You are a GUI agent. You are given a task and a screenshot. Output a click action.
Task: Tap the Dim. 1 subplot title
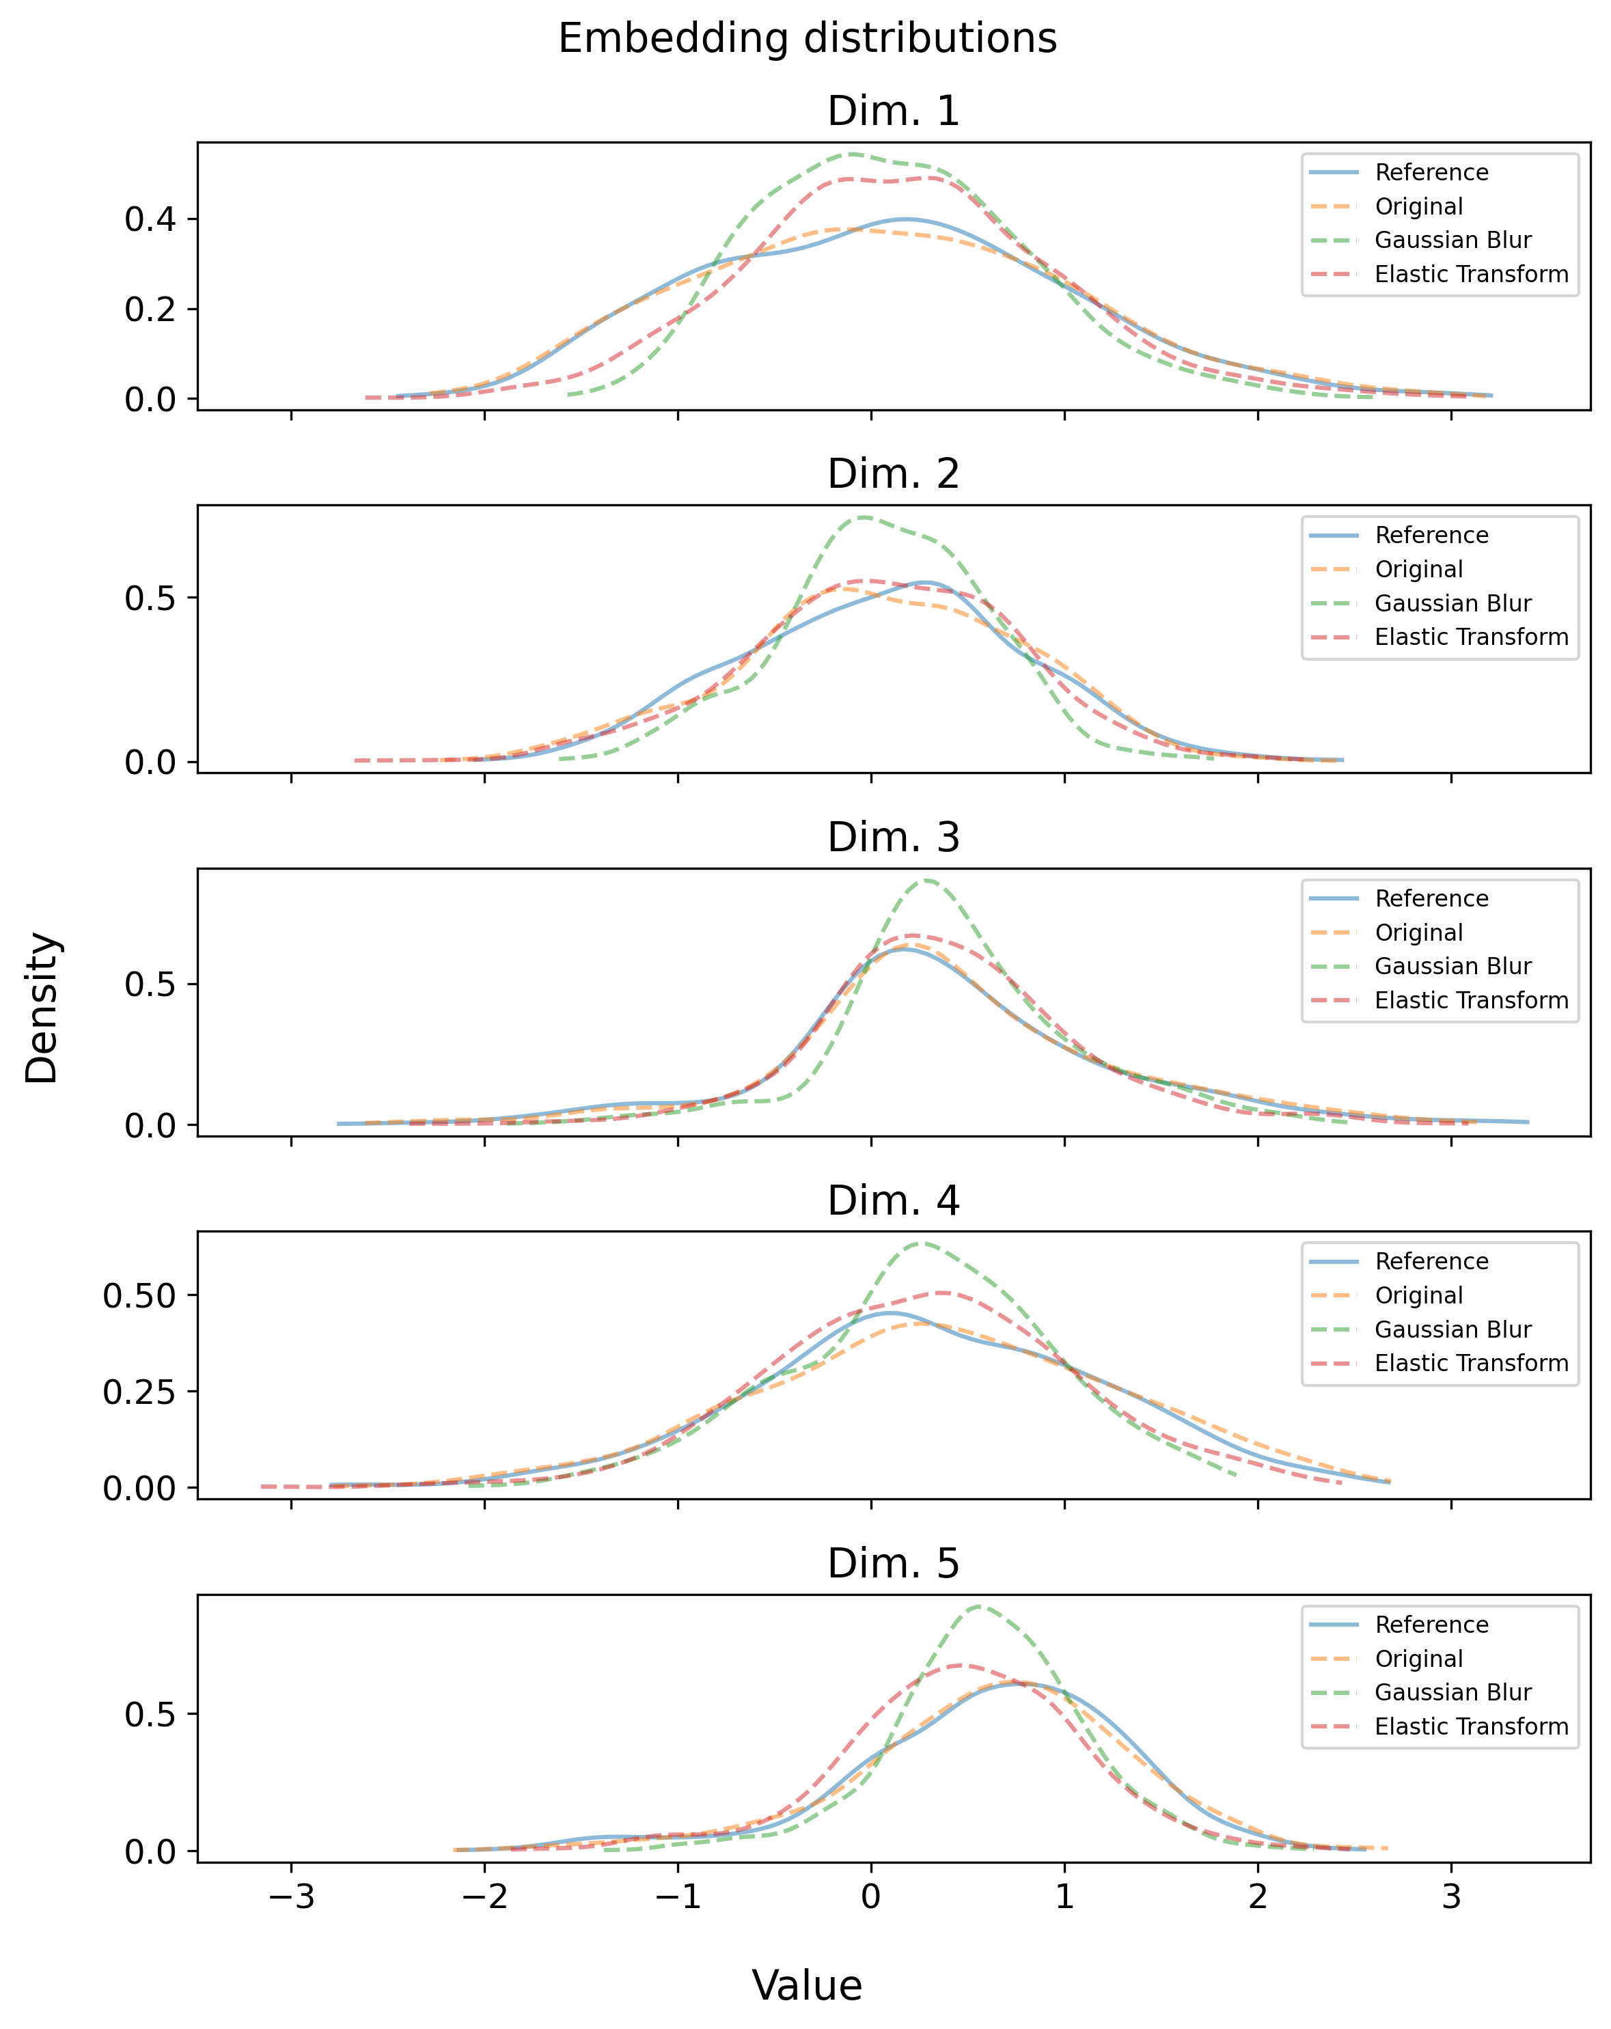[x=893, y=112]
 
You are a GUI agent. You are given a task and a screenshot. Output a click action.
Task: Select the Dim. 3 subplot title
[x=893, y=838]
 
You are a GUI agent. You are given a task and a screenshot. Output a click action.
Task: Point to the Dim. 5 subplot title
[x=893, y=1563]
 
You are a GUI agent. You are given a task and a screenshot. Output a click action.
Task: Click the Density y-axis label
[x=42, y=1007]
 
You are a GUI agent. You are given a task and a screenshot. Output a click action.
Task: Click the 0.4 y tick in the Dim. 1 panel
[x=150, y=219]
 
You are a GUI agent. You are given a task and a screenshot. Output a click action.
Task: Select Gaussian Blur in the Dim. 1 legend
[x=1452, y=240]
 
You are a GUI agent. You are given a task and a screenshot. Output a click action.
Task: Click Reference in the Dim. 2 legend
[x=1431, y=536]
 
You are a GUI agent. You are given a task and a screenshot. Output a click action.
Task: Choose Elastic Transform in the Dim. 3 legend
[x=1471, y=1000]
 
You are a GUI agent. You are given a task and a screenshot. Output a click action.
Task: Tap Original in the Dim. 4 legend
[x=1418, y=1295]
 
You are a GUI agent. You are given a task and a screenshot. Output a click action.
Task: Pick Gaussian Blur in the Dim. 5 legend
[x=1452, y=1692]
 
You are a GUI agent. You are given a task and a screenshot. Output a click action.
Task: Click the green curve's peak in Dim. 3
[x=928, y=880]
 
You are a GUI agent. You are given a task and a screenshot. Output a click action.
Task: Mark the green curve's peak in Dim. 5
[x=980, y=1606]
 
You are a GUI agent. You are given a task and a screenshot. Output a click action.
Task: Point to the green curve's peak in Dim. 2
[x=864, y=516]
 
